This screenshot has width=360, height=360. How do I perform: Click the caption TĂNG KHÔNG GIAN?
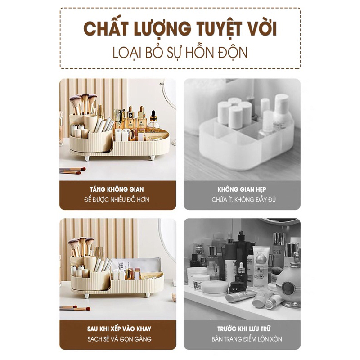[x=117, y=189]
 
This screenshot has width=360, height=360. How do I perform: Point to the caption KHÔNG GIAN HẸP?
[x=242, y=189]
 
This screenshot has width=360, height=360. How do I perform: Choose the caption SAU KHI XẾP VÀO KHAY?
[x=119, y=329]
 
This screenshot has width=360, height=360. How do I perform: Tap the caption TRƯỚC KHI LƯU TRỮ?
[x=244, y=328]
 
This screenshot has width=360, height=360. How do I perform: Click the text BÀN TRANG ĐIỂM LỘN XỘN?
[x=247, y=339]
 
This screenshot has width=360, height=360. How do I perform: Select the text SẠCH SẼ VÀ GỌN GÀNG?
[x=119, y=339]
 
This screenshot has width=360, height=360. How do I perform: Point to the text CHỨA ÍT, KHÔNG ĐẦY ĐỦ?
[x=243, y=199]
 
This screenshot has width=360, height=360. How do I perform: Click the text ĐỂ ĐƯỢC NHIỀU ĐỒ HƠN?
[x=117, y=199]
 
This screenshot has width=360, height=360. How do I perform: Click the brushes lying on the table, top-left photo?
[x=72, y=171]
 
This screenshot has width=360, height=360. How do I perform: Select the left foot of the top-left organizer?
[x=87, y=158]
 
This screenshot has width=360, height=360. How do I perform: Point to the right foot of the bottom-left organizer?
[x=148, y=295]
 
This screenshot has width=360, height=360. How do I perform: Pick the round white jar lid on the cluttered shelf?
[x=215, y=288]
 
